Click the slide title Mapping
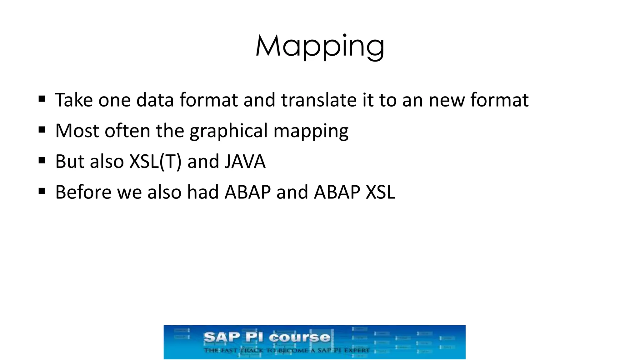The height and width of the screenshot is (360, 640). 320,46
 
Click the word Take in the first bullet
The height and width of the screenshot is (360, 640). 74,100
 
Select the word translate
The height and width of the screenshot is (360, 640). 318,100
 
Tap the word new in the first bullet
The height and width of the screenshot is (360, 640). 447,100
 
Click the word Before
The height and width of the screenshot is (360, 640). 83,192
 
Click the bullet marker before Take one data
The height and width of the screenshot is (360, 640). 42,99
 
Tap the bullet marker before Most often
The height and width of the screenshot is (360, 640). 42,130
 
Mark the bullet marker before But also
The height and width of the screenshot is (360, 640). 42,161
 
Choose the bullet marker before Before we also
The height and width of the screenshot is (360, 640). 42,191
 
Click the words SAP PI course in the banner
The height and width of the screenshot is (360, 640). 267,337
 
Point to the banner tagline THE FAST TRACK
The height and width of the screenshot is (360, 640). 287,350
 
